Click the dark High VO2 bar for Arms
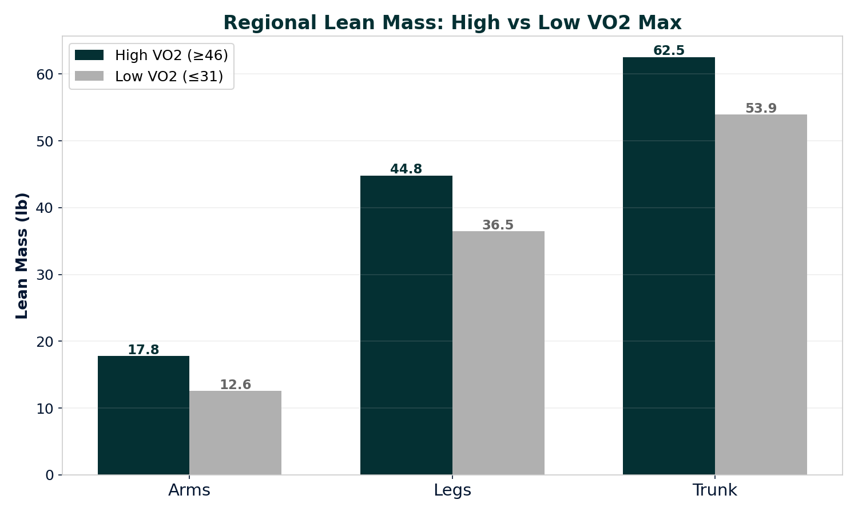coord(144,415)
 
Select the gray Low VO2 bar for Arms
coord(235,433)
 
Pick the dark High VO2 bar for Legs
coord(406,325)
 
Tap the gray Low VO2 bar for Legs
coord(498,353)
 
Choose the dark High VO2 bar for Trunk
coord(669,266)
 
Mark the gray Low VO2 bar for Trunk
coord(761,295)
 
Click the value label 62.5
coord(669,50)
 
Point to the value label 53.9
coord(761,108)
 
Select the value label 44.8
coord(406,169)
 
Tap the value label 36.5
coord(498,225)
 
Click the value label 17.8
coord(144,350)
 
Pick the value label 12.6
coord(235,385)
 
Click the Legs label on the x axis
coord(452,490)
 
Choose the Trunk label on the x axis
coord(714,490)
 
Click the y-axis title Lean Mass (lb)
coord(22,256)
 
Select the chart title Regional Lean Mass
coord(452,23)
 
